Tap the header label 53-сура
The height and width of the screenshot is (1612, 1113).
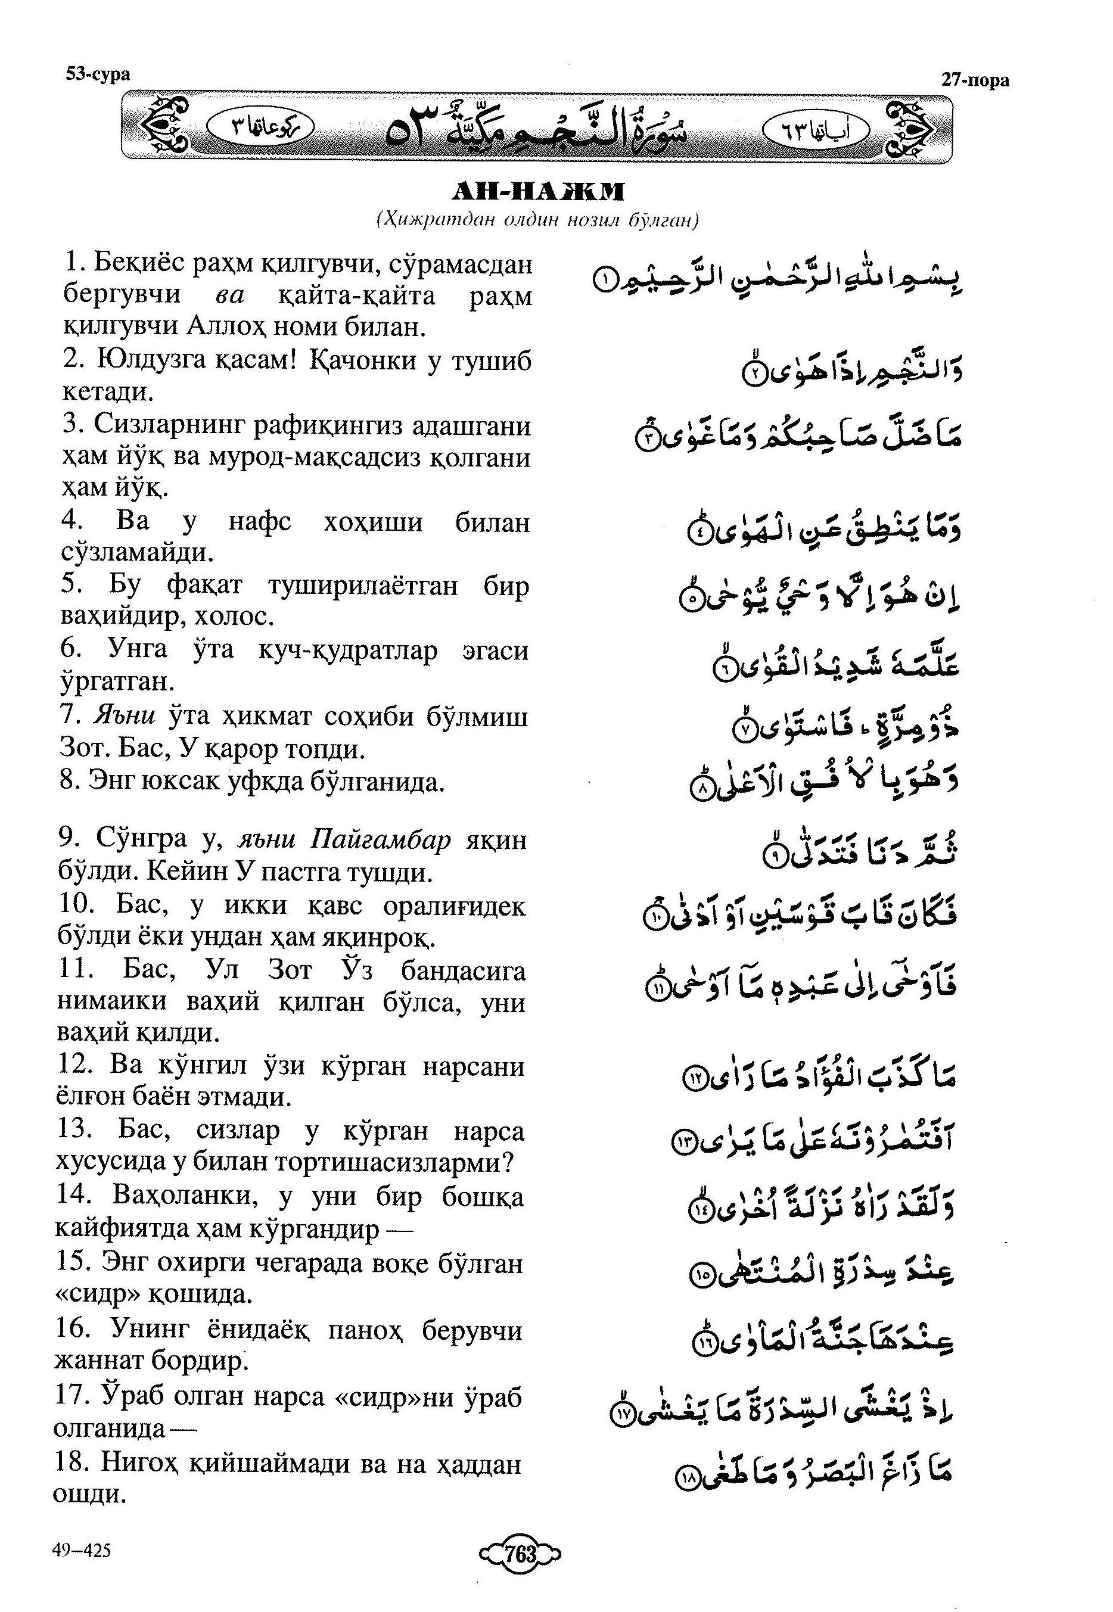98,74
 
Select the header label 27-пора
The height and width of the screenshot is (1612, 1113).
975,80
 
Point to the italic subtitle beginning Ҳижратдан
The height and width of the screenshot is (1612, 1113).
537,220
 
